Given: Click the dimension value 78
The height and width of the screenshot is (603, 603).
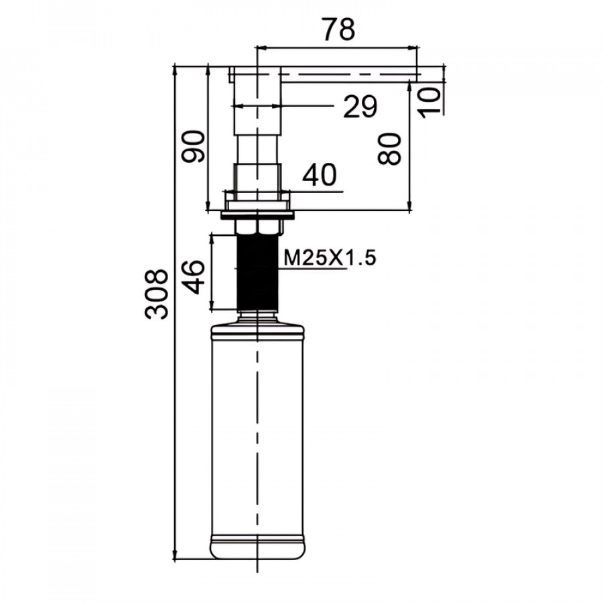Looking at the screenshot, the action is (338, 29).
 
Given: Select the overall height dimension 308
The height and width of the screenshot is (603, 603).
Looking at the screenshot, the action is (157, 294).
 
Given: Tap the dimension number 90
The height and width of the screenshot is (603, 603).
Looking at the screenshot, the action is (194, 147).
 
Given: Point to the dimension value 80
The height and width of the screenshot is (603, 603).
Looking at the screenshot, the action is (389, 149).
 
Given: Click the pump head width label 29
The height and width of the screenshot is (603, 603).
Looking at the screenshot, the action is (360, 107).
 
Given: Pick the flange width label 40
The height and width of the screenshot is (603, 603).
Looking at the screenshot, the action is (320, 175).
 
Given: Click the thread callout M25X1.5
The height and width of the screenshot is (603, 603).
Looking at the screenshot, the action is (330, 258).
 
